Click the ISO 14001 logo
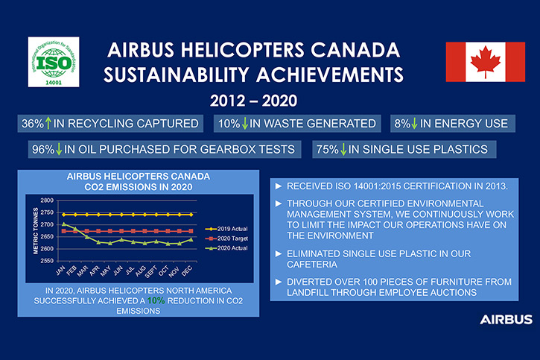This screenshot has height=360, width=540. pos(54,62)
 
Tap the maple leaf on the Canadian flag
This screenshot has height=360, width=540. pos(486,62)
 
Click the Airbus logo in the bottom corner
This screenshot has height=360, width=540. pos(506,319)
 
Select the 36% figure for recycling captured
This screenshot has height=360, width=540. pos(32,123)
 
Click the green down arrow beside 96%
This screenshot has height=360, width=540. pos(59,149)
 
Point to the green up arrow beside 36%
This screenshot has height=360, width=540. pos(48,123)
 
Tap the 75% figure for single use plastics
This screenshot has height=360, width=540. pos(328,149)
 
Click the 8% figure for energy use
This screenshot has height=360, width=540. pos(402,123)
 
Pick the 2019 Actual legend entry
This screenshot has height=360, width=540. pos(226,229)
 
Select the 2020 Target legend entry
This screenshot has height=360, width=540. pos(226,239)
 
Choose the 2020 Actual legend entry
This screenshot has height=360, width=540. pos(226,248)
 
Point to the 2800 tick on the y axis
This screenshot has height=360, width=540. pos(47,200)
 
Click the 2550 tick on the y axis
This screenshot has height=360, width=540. pos(47,261)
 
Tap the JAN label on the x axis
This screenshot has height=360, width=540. pos(60,271)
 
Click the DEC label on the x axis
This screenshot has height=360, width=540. pos(187,271)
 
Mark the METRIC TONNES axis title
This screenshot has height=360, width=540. pos(36,231)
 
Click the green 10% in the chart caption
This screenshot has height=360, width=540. pos(156,301)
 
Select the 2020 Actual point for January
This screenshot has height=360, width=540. pos(64,224)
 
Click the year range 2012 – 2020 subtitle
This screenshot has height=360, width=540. pos(253,101)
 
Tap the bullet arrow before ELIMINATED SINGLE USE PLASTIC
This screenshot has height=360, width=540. pos(279,254)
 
